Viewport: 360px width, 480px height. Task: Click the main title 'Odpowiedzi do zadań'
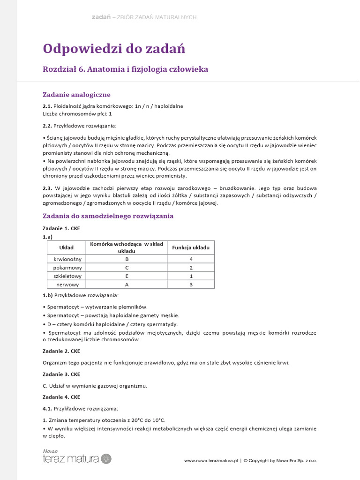114,48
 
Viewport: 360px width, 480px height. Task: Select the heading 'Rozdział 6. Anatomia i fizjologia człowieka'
125,69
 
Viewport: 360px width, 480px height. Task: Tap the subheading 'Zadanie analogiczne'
76,95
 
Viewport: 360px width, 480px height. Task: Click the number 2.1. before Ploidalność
47,106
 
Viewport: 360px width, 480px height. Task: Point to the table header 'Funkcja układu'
191,247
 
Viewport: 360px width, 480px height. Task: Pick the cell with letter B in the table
127,259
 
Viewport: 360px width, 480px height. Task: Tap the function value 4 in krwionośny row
191,259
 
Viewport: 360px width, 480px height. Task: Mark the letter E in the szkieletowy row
127,276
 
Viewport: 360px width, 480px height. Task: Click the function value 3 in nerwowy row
191,285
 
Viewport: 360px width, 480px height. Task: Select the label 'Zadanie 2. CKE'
61,351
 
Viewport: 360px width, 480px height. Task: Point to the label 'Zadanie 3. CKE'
61,374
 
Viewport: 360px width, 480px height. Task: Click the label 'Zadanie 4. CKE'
61,397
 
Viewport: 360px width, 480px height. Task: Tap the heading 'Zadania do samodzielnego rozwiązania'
108,216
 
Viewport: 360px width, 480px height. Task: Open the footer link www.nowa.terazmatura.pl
211,461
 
